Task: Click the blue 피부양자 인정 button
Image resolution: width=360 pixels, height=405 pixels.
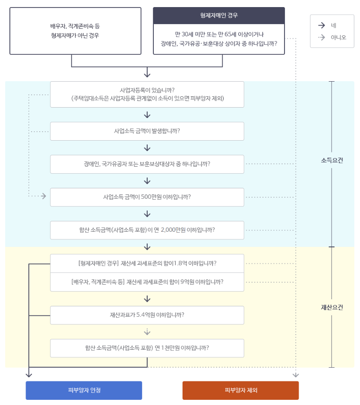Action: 84,390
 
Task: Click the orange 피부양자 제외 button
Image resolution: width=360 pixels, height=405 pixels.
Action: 241,390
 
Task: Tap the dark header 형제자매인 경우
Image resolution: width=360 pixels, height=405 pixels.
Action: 219,16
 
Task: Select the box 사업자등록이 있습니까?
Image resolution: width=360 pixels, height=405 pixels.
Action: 147,94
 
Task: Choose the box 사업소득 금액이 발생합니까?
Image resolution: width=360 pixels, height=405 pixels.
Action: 147,131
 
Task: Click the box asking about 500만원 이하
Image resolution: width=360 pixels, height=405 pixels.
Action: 147,197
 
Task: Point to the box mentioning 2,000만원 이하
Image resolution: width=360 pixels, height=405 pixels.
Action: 147,230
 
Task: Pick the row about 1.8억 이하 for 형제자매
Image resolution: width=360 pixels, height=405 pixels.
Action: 147,263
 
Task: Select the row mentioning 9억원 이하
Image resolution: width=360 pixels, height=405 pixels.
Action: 147,282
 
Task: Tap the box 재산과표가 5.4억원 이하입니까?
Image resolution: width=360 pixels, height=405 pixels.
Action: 147,315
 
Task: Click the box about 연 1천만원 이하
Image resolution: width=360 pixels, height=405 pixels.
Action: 147,348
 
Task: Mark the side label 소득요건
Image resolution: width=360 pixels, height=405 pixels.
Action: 332,160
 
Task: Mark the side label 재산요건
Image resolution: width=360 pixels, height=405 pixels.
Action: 332,307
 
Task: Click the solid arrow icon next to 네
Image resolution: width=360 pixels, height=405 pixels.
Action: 321,25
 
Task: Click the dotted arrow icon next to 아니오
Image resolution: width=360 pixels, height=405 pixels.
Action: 321,37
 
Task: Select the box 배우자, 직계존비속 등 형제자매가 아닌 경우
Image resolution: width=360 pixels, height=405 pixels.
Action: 75,31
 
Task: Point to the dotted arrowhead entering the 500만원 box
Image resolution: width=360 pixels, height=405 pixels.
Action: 44,196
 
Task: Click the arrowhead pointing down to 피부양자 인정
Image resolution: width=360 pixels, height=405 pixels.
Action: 29,375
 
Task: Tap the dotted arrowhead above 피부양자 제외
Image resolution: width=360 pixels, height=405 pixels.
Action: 296,375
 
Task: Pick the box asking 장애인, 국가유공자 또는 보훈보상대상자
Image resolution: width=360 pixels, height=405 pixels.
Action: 147,164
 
